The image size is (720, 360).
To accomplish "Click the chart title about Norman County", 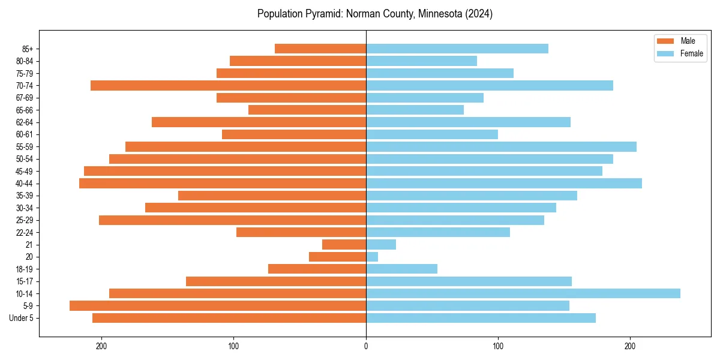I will [374, 14].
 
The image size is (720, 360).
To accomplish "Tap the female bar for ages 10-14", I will [523, 293].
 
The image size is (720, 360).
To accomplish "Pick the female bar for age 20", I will [372, 257].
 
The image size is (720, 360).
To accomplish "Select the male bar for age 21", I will [344, 245].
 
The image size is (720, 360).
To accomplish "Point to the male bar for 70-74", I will [228, 86].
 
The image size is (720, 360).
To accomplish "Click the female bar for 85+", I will [457, 49].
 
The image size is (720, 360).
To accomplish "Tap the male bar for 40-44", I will [223, 184].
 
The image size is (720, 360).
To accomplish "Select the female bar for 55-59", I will [501, 147].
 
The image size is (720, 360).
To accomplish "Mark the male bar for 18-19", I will [317, 269].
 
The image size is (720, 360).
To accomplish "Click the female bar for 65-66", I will [415, 110].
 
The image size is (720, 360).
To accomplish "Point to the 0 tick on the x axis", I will [366, 346].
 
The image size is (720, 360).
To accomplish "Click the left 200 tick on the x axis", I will [102, 346].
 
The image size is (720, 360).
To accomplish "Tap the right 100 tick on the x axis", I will [498, 346].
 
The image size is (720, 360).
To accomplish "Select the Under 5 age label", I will [21, 318].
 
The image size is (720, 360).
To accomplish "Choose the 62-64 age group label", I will [24, 122].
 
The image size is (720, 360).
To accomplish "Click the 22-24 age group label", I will [24, 233].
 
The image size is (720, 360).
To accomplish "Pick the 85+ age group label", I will [26, 49].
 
